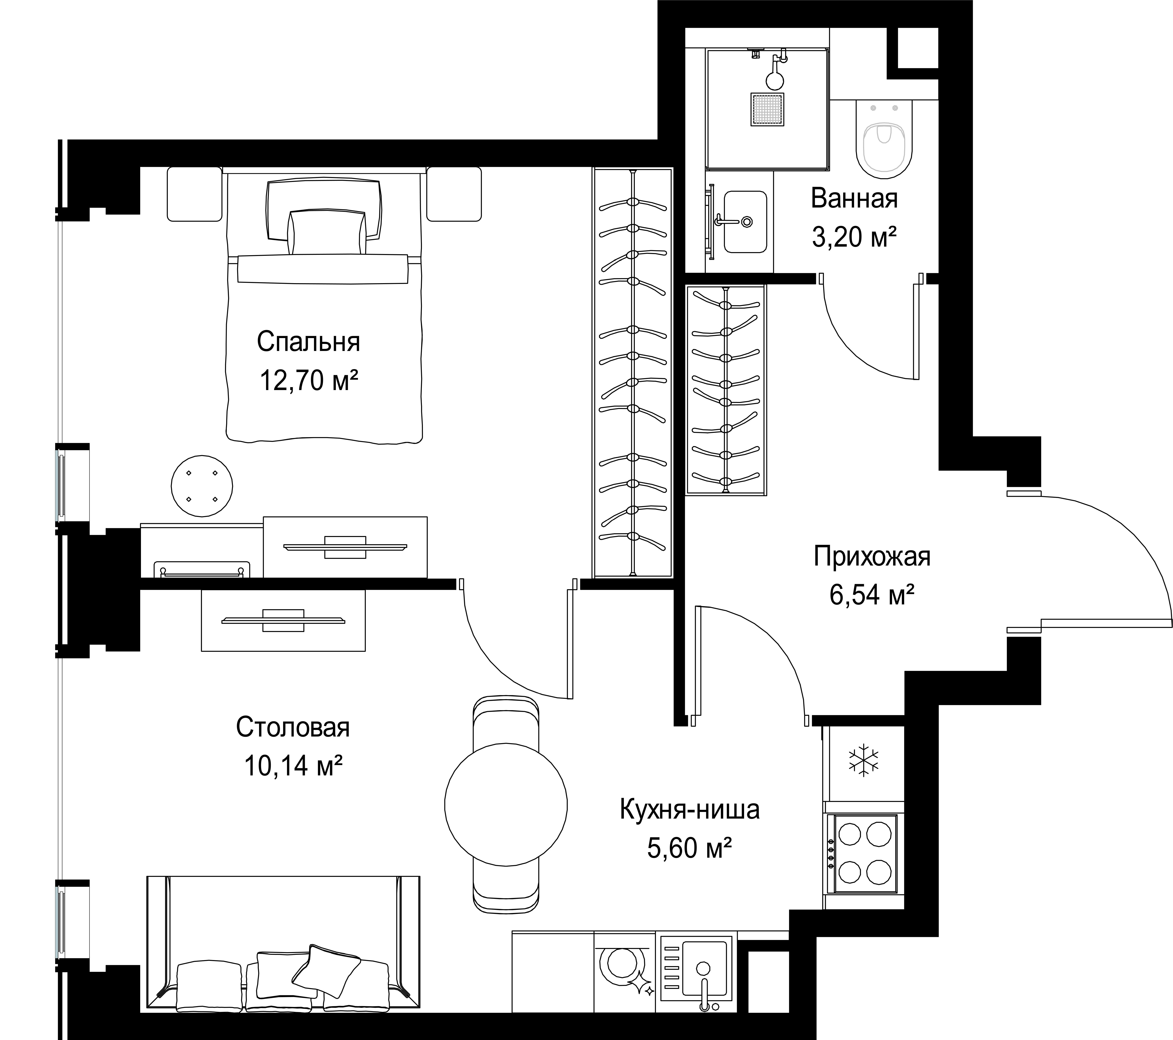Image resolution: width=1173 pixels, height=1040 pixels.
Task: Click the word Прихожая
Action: click(872, 557)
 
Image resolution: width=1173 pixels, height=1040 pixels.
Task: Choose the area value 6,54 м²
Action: click(872, 595)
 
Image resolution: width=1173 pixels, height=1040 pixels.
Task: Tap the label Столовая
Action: click(293, 727)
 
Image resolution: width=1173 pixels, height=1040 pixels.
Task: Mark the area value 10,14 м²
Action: click(294, 765)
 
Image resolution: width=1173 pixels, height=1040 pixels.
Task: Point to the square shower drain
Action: click(767, 110)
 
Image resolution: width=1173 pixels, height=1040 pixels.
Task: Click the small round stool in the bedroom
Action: click(202, 486)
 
